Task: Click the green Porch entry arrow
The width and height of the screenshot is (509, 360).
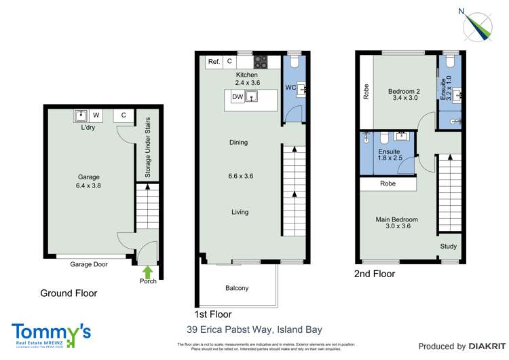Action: tap(148, 272)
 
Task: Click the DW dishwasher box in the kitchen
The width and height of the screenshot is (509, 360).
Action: tap(238, 97)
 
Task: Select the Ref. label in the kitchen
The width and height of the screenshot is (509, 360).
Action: tap(214, 62)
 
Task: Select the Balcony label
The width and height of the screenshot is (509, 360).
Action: tap(237, 288)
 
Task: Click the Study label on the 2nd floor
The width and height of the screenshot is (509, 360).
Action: tap(449, 247)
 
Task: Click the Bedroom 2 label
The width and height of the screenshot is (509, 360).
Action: tap(404, 92)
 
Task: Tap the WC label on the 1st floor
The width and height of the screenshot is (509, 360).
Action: tap(290, 88)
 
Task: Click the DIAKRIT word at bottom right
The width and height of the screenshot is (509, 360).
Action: tap(485, 346)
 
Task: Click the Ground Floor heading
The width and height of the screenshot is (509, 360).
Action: tap(68, 293)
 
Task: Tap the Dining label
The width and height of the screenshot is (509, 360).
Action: tap(238, 143)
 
